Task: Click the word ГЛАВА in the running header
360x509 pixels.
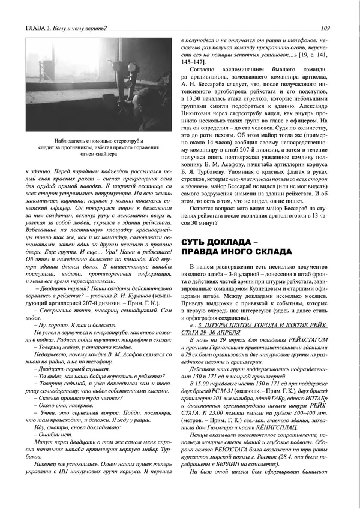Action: click(34, 27)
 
